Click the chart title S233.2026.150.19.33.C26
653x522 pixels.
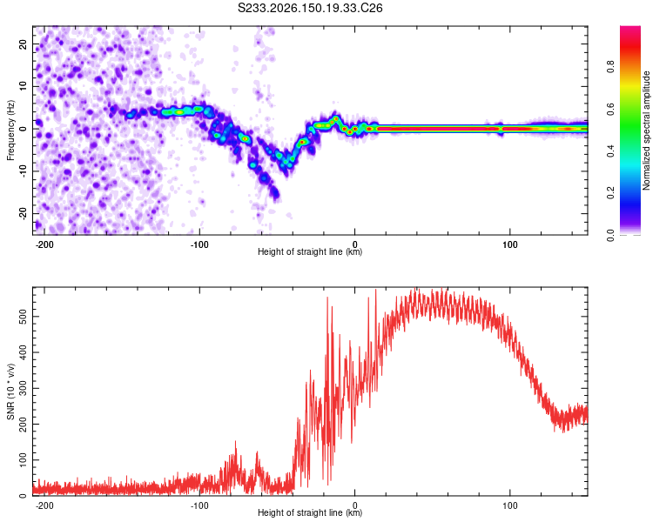click(x=310, y=8)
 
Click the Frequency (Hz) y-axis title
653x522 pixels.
click(x=10, y=130)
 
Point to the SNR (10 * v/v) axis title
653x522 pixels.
click(x=10, y=391)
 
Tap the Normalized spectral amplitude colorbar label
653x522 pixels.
click(x=646, y=130)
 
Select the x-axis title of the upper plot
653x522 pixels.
click(x=310, y=251)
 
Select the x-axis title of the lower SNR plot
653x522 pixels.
click(x=310, y=512)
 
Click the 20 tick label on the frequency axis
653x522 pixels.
click(x=24, y=43)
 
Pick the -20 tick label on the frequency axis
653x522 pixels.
click(x=24, y=213)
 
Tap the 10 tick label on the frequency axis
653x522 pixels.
click(x=24, y=86)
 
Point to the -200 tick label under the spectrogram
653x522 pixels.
click(x=44, y=244)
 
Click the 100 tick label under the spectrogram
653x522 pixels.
click(x=509, y=244)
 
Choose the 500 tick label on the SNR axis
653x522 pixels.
click(x=24, y=317)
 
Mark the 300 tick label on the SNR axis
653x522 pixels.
click(x=24, y=388)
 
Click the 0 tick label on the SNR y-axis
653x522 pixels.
click(x=24, y=496)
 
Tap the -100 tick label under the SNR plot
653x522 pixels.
click(x=199, y=505)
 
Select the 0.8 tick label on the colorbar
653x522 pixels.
click(x=610, y=67)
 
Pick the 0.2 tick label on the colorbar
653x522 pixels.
click(x=610, y=193)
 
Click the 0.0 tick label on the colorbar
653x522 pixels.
click(x=610, y=235)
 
